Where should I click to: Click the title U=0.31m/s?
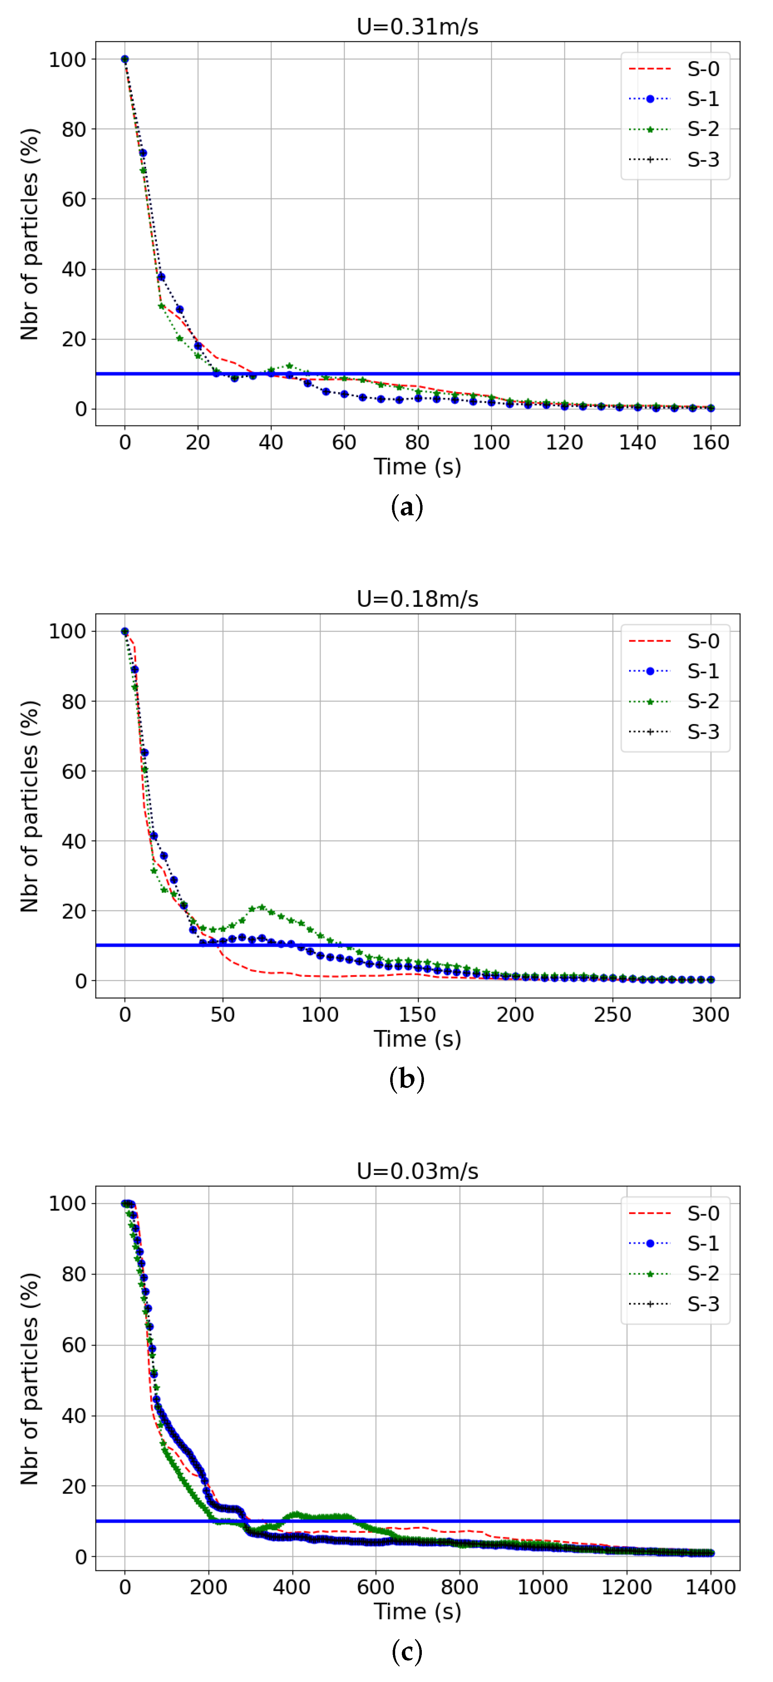click(x=417, y=27)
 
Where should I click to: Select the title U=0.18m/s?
click(x=417, y=599)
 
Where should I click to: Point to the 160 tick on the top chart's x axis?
click(x=710, y=443)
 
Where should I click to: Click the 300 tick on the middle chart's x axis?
click(x=710, y=1015)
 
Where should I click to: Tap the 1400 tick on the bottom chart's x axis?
click(x=710, y=1587)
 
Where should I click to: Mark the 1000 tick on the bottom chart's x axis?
click(x=543, y=1587)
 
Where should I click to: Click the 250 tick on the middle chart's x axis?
click(x=613, y=1015)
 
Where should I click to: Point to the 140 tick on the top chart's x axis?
click(x=637, y=443)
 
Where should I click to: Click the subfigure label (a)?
click(x=407, y=507)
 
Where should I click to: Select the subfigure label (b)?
click(x=407, y=1079)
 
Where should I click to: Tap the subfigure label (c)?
click(x=407, y=1652)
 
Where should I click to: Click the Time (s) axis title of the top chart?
click(x=417, y=467)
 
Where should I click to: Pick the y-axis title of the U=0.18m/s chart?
click(x=30, y=806)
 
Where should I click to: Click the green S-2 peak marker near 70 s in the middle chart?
click(x=262, y=907)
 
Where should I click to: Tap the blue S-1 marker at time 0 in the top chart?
click(x=125, y=59)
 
